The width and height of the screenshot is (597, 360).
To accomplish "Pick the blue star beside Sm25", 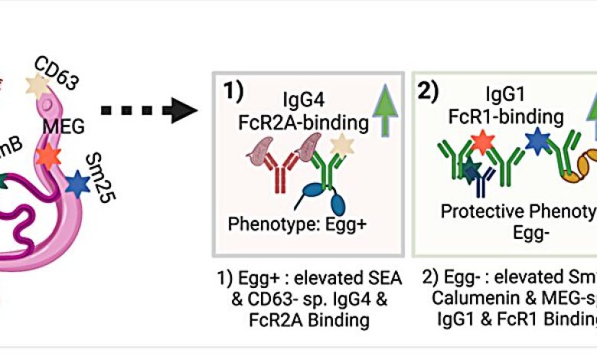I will click(x=77, y=184).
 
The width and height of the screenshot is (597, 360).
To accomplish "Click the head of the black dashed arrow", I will click(x=184, y=110).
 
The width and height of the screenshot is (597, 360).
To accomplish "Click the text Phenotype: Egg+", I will click(x=296, y=226).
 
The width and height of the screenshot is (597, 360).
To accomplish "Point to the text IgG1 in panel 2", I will click(x=506, y=95).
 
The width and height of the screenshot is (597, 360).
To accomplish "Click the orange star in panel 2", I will click(x=481, y=143).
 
